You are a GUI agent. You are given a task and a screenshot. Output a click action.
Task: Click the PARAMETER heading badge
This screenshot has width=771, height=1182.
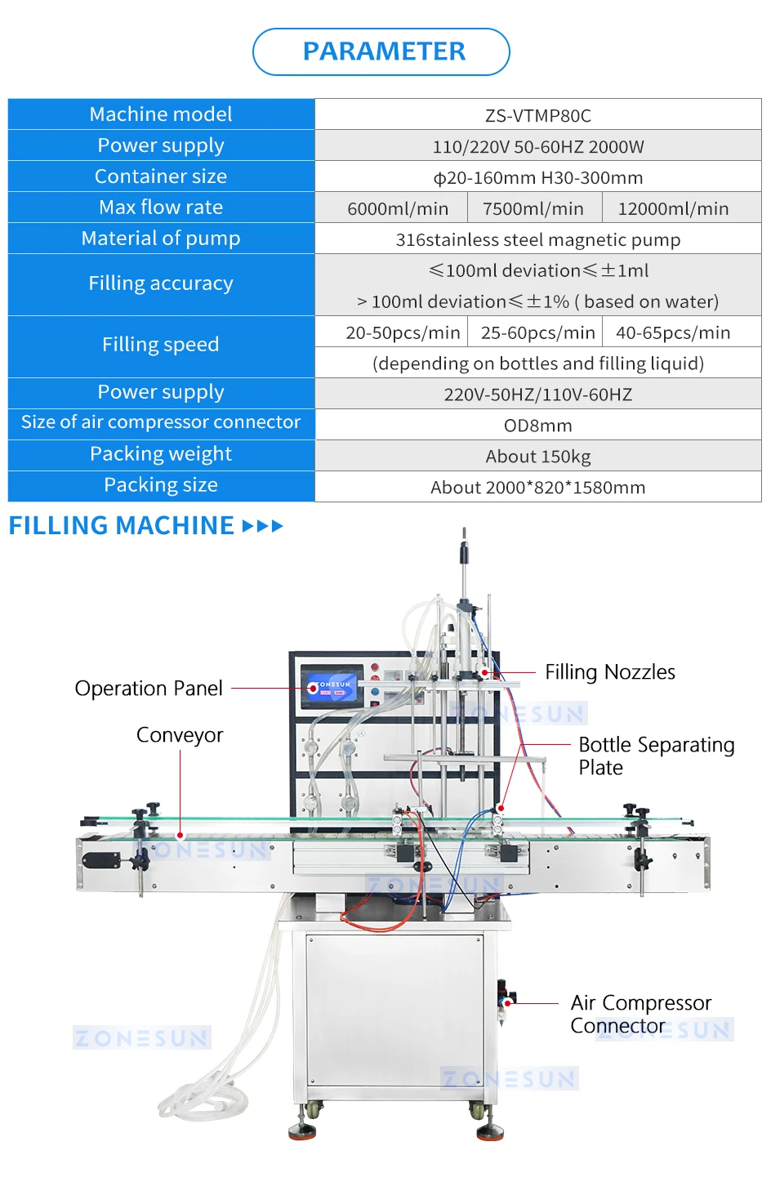tap(381, 51)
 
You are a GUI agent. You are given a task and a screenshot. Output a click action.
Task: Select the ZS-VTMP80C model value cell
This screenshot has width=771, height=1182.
tap(537, 115)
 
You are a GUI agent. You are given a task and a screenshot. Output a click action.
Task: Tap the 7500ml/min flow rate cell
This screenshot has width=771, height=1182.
tap(533, 208)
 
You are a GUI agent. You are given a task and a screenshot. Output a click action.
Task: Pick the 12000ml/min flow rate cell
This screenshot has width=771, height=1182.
tap(673, 208)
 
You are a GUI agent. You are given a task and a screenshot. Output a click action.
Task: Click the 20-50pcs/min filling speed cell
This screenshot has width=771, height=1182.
tap(403, 332)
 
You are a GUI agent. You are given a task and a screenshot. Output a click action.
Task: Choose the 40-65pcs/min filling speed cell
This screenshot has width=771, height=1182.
tap(673, 332)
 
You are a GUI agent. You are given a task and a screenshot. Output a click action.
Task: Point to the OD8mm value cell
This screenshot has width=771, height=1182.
tap(537, 426)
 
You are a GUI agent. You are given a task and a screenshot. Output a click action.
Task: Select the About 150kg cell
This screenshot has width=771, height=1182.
tap(537, 457)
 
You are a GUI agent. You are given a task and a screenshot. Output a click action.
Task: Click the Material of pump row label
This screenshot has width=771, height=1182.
tap(161, 239)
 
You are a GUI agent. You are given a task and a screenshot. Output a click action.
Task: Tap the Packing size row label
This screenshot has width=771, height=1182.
tap(161, 485)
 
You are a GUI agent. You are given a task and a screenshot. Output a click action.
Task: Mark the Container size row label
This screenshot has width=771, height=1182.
tap(161, 176)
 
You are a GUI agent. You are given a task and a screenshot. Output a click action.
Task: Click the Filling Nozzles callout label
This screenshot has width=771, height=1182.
tap(610, 672)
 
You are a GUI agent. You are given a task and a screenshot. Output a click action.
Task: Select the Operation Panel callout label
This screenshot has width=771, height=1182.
tap(149, 689)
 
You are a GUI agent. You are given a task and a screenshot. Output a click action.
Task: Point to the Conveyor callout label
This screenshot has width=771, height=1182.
tap(180, 735)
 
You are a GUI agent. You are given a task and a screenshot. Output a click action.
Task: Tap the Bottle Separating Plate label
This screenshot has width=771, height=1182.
tap(656, 756)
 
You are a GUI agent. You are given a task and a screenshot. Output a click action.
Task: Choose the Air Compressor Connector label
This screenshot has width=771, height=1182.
tap(640, 1014)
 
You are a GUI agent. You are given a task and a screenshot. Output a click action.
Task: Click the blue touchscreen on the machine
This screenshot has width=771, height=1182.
tap(330, 685)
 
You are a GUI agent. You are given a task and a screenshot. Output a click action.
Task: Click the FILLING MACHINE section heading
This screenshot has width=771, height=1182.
tap(122, 525)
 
